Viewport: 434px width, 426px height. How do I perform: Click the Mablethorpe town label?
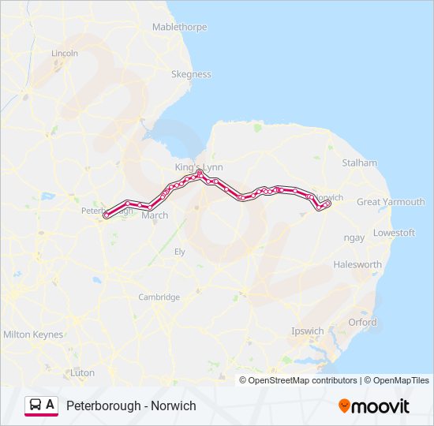point(179,27)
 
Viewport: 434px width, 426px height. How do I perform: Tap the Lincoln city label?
point(65,53)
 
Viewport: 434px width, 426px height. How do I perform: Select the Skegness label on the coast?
point(191,74)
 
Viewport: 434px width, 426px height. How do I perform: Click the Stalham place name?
point(359,163)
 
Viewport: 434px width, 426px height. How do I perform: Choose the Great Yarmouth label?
point(391,202)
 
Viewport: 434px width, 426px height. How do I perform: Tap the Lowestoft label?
point(394,233)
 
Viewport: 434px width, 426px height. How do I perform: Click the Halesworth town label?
point(357,264)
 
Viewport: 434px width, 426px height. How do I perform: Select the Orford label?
point(362,322)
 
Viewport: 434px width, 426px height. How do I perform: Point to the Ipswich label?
point(307,331)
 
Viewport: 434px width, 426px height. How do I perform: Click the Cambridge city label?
point(159,297)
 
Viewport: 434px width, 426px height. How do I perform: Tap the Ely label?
point(179,251)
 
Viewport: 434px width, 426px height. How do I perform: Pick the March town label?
point(155,215)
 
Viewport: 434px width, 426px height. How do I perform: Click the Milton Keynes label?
point(33,334)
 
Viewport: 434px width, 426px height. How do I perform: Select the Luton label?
point(82,372)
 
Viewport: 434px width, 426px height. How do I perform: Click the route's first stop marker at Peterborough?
point(106,215)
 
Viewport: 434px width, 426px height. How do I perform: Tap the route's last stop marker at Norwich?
point(327,203)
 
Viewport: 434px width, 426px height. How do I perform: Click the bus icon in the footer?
point(36,405)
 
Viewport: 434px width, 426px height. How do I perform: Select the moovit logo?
point(374,405)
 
